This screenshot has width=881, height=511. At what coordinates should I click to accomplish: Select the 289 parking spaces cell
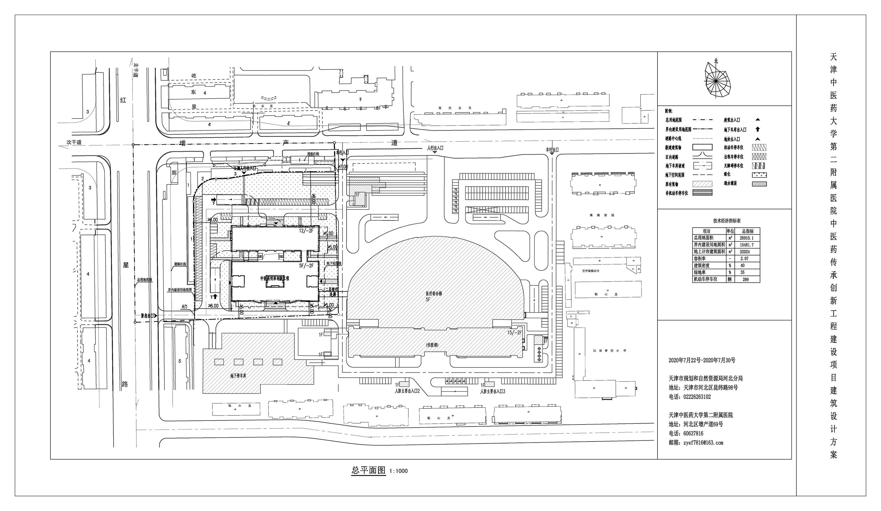[x=745, y=280]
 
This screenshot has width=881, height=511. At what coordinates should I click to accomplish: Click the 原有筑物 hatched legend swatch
[x=702, y=184]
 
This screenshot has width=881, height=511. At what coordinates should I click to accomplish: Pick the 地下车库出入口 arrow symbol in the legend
[x=757, y=129]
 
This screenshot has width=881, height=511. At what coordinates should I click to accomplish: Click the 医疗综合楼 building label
[x=434, y=294]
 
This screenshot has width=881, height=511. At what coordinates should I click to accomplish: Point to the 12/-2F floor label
[x=306, y=231]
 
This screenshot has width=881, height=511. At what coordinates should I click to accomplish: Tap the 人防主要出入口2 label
[x=407, y=391]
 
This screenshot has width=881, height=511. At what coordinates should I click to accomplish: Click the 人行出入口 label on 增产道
[x=435, y=148]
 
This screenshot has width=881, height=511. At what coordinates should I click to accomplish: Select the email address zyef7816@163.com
[x=696, y=442]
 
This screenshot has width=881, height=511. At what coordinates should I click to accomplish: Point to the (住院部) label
[x=432, y=345]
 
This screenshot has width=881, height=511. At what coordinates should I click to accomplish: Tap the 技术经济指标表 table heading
[x=727, y=221]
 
